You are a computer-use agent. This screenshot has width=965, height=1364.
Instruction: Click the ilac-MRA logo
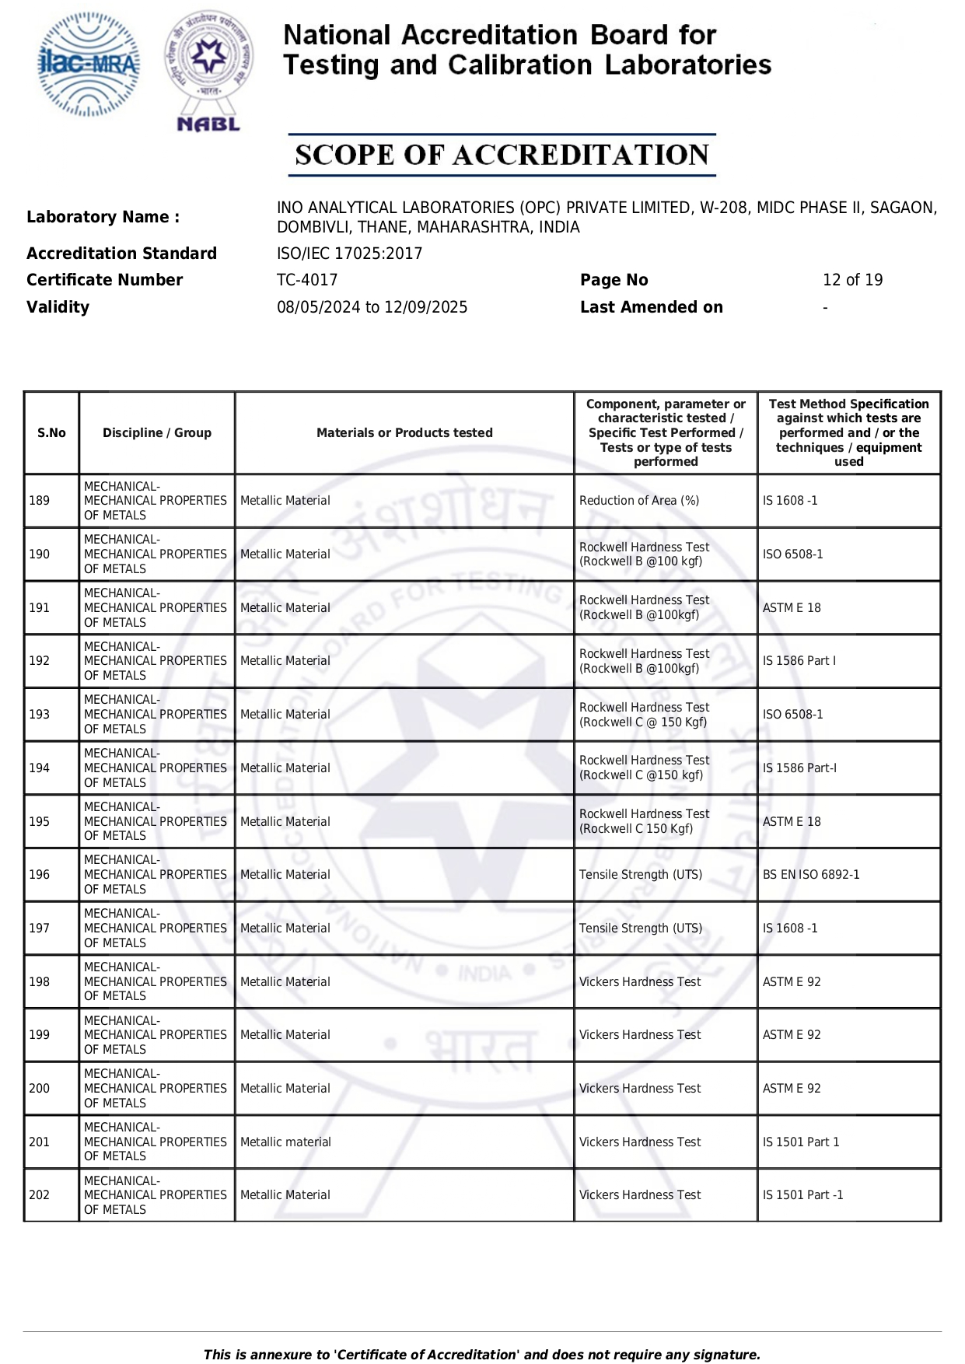click(x=89, y=65)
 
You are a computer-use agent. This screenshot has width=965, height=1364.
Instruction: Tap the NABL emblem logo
click(x=208, y=70)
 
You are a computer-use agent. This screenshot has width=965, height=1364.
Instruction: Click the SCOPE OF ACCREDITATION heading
click(x=502, y=155)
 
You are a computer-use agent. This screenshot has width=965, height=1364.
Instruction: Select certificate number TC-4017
click(x=307, y=280)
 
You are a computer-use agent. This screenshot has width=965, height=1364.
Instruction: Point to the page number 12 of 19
click(x=852, y=280)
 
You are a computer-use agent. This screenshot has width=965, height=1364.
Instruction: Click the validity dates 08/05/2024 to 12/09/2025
click(x=372, y=307)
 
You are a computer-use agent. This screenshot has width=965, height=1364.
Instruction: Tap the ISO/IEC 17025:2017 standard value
click(x=349, y=254)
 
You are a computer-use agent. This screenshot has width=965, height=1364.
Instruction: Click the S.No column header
click(x=51, y=433)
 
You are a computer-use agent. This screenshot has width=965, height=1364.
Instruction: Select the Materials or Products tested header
click(x=404, y=433)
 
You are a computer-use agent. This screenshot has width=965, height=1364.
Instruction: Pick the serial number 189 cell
click(x=40, y=501)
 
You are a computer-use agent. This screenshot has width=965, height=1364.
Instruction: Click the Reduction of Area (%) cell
click(x=639, y=501)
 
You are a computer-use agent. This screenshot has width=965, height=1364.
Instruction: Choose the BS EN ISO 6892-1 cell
click(x=811, y=875)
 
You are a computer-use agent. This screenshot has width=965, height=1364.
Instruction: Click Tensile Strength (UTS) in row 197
click(x=641, y=929)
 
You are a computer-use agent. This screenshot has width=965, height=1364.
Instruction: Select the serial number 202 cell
click(x=40, y=1195)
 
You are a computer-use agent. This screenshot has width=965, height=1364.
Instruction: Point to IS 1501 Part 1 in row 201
click(x=801, y=1142)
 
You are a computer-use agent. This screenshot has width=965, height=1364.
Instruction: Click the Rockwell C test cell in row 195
click(x=644, y=821)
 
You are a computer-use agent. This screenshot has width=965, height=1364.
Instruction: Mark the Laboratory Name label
click(x=103, y=217)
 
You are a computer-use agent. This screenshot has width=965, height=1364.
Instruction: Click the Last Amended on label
click(x=651, y=307)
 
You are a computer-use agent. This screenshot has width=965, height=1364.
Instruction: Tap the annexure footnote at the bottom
click(x=481, y=1355)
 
